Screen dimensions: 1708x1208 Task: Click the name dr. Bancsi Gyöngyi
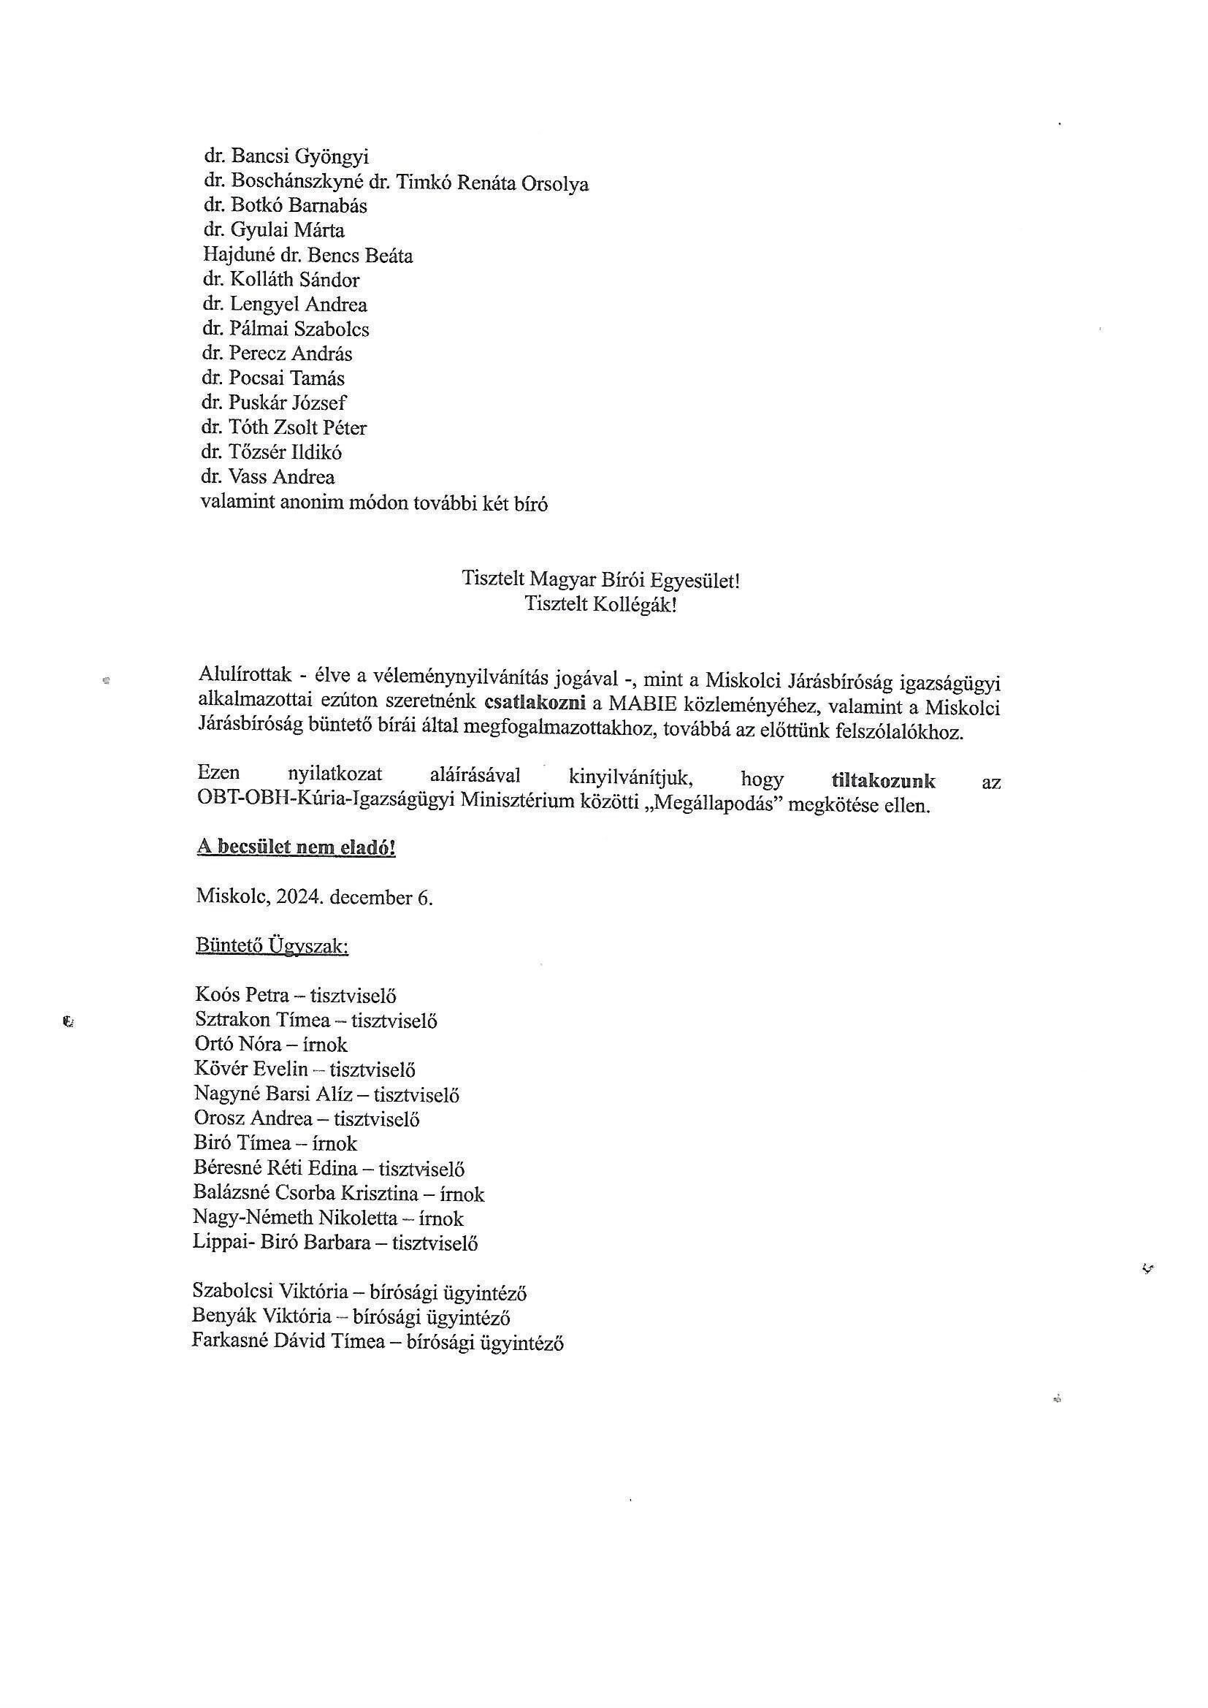click(x=286, y=157)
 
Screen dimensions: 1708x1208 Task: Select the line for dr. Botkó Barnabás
click(x=285, y=206)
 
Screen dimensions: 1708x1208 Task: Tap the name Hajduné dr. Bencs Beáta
click(x=308, y=256)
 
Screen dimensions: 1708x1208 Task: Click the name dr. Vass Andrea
click(x=269, y=477)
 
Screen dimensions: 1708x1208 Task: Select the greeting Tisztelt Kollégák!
click(x=600, y=604)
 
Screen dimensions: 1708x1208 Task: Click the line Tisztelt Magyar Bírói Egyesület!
click(x=600, y=579)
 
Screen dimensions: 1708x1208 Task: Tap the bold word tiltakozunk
click(x=883, y=781)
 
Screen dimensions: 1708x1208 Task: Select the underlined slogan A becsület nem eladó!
click(x=296, y=848)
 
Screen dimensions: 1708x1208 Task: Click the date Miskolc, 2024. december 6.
click(x=315, y=897)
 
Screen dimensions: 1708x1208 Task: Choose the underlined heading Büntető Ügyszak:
click(x=272, y=946)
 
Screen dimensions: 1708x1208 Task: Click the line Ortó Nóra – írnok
click(x=271, y=1045)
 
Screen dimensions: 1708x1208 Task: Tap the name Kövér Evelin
click(x=251, y=1070)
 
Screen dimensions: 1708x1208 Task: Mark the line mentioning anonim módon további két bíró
click(x=374, y=503)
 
